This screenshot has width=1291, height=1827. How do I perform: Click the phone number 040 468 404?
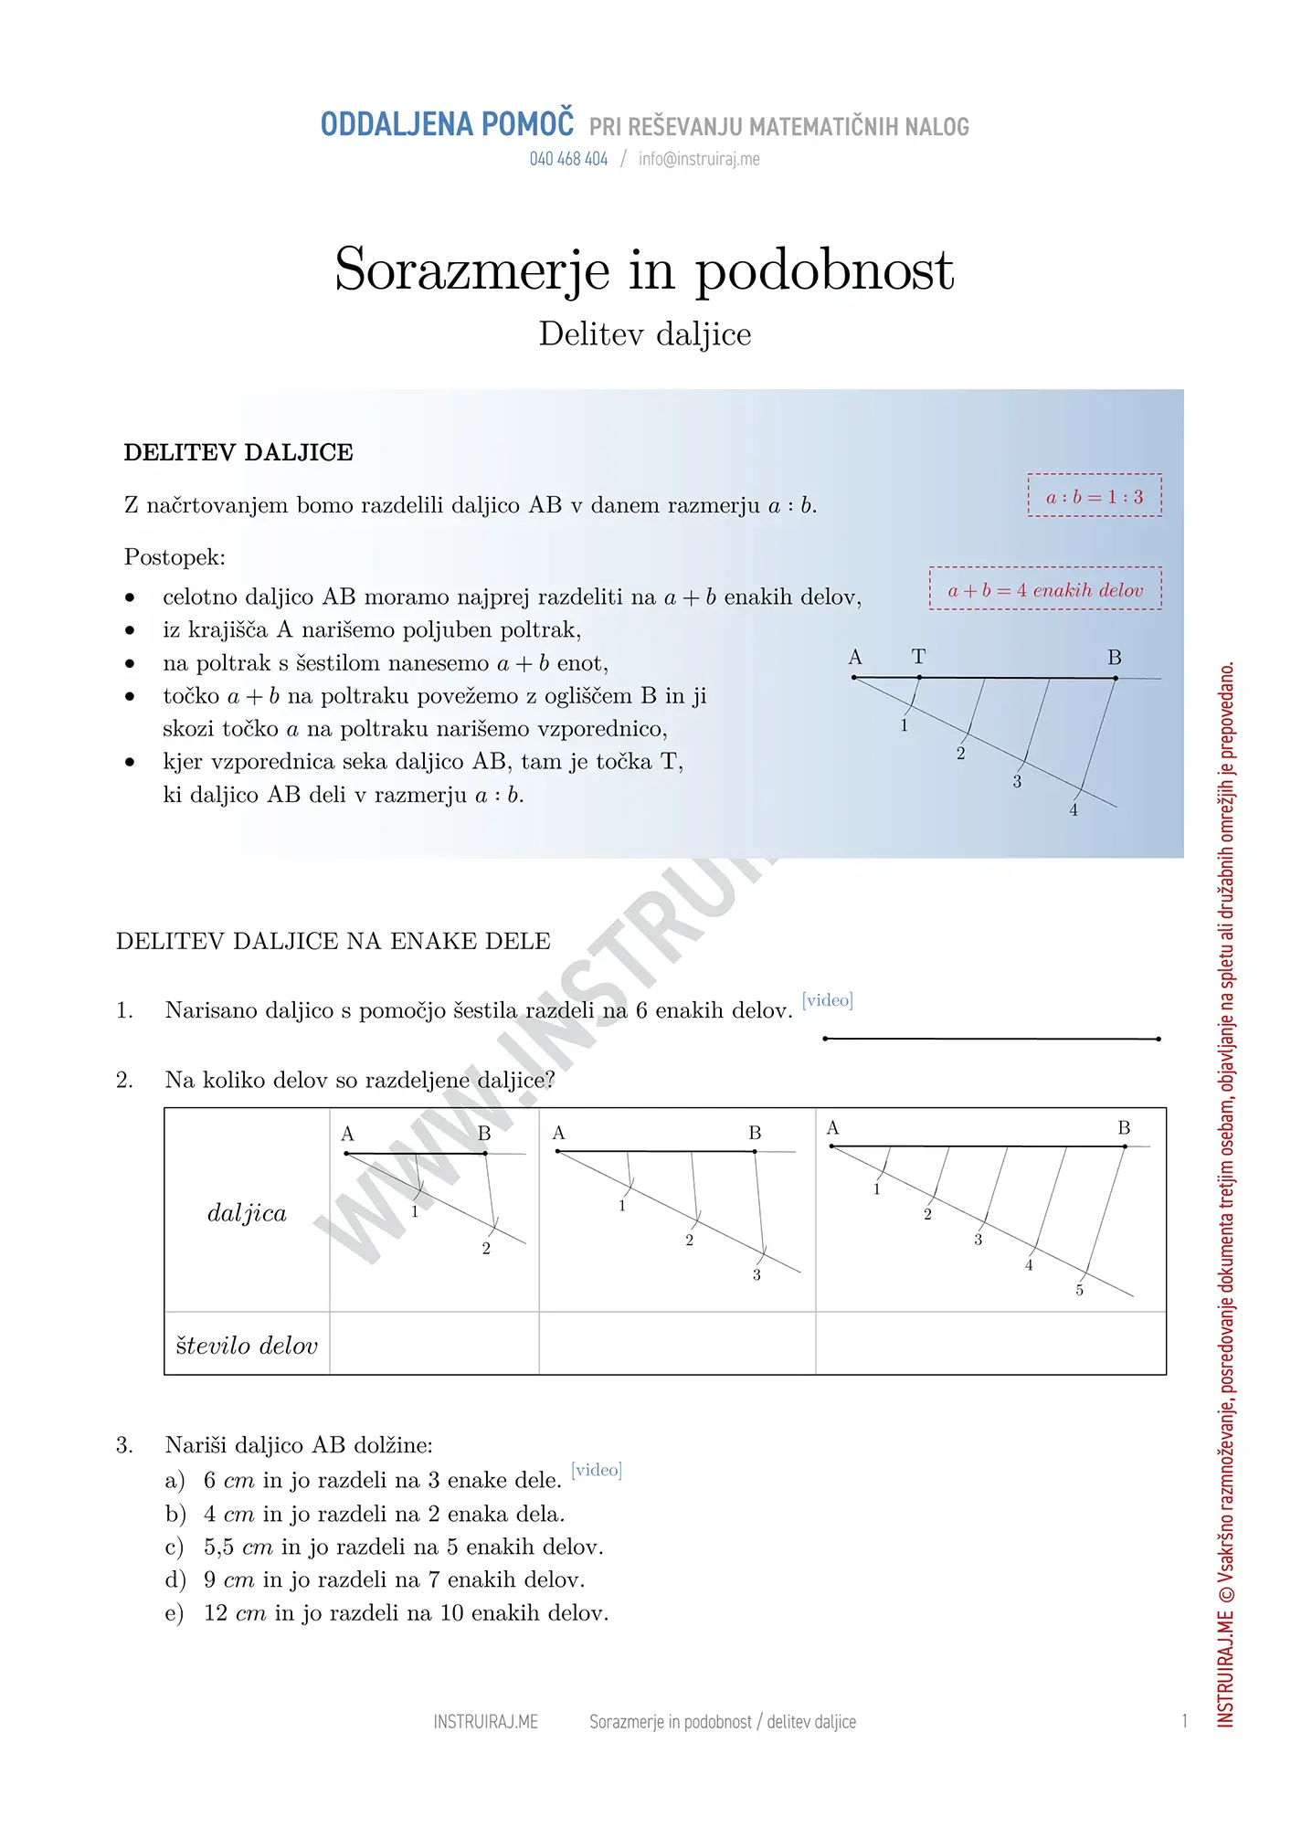(x=568, y=159)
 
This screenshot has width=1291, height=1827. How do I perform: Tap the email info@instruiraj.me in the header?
(x=699, y=159)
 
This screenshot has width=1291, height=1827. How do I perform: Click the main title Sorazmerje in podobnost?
(x=644, y=269)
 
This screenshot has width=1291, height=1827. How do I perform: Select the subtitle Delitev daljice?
(x=644, y=334)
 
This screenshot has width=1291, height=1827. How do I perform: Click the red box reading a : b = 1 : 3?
(x=1095, y=496)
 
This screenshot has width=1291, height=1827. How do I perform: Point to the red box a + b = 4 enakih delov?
(x=1045, y=589)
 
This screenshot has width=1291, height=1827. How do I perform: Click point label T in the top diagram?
(x=918, y=657)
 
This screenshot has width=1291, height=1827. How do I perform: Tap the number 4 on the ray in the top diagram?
(x=1074, y=810)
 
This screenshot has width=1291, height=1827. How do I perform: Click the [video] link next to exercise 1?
(x=827, y=1000)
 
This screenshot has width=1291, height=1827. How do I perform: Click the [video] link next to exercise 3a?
(x=596, y=1470)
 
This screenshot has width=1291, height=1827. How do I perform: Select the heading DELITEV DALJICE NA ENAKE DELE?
(x=333, y=942)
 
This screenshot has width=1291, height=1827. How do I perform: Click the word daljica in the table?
(x=247, y=1213)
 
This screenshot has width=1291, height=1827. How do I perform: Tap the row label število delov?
(x=247, y=1346)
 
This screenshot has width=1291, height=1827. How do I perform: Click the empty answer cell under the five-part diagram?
(x=990, y=1344)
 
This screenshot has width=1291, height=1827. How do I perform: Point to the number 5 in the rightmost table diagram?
(x=1079, y=1291)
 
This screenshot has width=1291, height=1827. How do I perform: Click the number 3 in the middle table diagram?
(x=757, y=1275)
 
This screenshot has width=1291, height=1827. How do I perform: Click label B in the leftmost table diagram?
(x=484, y=1134)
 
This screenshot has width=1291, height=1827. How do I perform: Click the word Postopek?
(x=175, y=557)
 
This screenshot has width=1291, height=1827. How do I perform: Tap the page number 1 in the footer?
(x=1184, y=1722)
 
